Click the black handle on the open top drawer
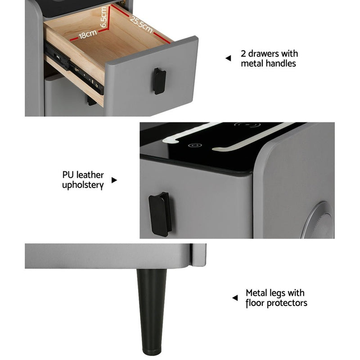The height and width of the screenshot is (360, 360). pos(159,81)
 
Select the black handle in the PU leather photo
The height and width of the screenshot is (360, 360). pos(160,214)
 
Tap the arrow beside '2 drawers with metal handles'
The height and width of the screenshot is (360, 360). pos(228,58)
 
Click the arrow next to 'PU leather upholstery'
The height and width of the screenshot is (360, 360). pos(114,180)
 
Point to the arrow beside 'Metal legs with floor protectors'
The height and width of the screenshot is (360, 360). pos(234,297)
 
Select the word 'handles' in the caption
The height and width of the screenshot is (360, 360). pos(281,63)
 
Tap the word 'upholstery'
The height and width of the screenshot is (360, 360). pos(83,185)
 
